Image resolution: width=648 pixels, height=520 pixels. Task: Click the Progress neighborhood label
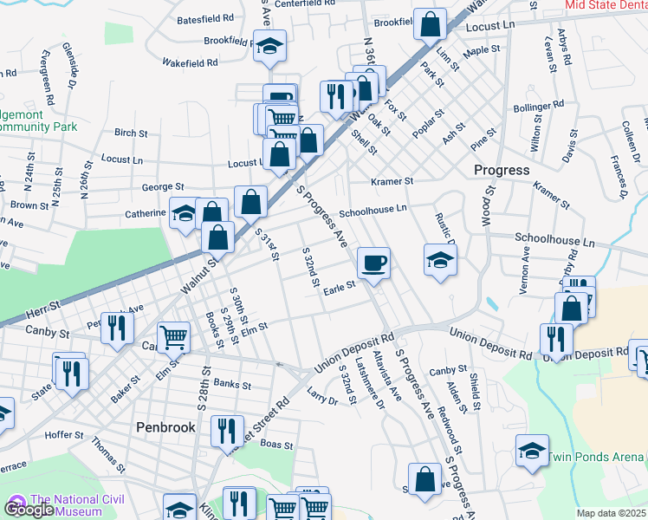tap(502, 170)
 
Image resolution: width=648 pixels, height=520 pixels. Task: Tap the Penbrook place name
tap(165, 426)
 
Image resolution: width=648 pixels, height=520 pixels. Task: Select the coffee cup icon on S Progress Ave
tap(373, 262)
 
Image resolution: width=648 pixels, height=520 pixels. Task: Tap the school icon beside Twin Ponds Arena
tap(532, 451)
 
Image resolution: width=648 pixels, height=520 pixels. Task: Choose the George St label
tap(163, 186)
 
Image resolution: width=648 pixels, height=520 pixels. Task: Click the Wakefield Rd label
tap(189, 63)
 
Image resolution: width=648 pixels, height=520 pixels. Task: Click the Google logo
tap(28, 510)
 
